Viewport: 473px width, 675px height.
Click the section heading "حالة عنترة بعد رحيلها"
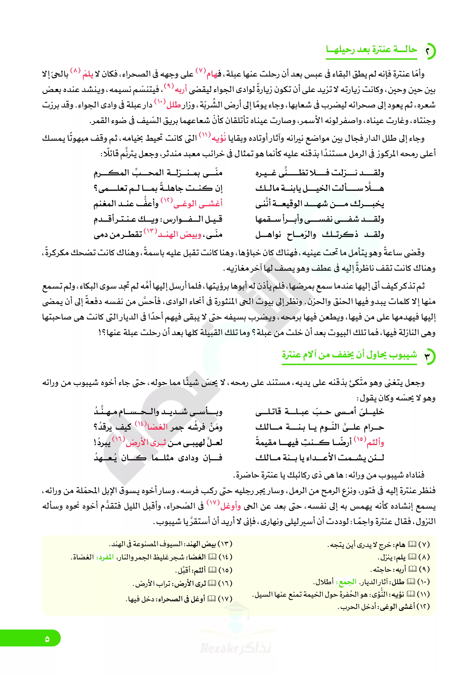(371, 50)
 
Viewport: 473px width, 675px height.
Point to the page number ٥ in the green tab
(47, 639)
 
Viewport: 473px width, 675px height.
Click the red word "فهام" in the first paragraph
(214, 74)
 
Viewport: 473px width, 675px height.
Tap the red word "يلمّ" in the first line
(88, 74)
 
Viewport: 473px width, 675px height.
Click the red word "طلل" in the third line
(173, 105)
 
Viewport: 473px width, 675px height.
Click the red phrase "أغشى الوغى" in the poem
(198, 203)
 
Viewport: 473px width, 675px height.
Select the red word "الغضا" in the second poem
(157, 427)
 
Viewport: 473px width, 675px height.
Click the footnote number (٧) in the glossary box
(424, 545)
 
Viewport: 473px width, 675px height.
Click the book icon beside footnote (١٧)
(212, 598)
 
